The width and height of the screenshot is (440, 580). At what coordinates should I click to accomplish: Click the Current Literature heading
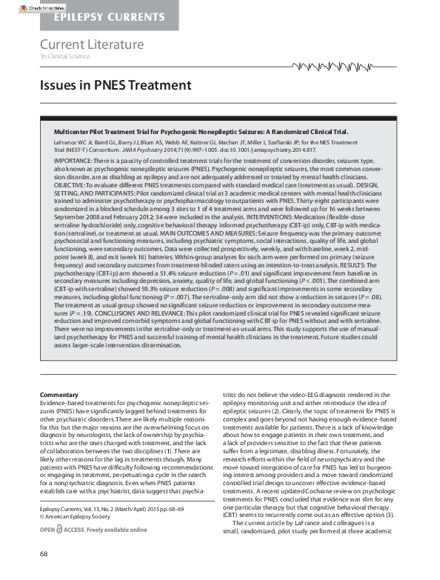coord(92,44)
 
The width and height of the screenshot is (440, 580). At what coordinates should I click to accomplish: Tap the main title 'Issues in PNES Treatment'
coord(116,85)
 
